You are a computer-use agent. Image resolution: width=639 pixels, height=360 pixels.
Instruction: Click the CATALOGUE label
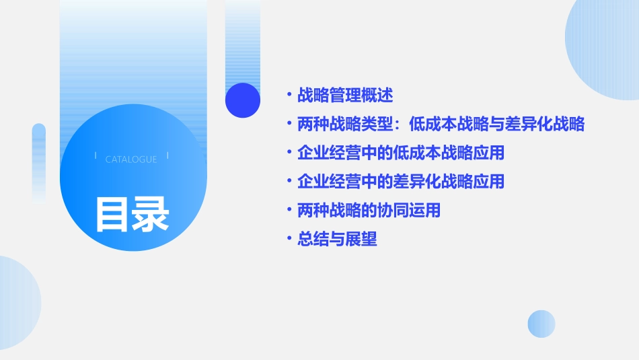click(131, 159)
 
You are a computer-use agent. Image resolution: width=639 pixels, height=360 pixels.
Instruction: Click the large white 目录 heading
click(132, 213)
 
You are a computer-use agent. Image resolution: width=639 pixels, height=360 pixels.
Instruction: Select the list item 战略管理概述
click(345, 96)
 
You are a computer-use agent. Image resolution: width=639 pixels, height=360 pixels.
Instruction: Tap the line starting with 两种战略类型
click(441, 124)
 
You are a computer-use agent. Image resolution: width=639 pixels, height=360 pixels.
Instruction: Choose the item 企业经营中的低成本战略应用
click(400, 153)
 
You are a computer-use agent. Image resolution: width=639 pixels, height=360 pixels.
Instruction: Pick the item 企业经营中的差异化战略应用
click(400, 182)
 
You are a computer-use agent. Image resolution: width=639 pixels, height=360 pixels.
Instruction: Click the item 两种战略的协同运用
click(369, 211)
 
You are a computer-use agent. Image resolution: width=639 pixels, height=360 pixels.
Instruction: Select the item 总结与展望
click(337, 240)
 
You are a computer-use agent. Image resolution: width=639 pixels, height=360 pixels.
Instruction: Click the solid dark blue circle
click(243, 100)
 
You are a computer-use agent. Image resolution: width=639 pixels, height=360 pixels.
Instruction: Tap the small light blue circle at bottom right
click(541, 324)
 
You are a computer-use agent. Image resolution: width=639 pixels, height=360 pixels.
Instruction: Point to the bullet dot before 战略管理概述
click(289, 96)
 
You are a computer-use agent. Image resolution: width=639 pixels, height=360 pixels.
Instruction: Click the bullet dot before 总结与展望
click(289, 240)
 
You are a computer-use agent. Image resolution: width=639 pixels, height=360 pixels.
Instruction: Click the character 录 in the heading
click(151, 213)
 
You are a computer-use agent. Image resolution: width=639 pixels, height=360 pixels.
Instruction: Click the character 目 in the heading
click(112, 213)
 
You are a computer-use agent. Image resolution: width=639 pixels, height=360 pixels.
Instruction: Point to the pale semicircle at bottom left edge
click(17, 303)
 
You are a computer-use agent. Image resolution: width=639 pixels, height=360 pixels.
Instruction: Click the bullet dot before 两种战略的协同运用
click(289, 211)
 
